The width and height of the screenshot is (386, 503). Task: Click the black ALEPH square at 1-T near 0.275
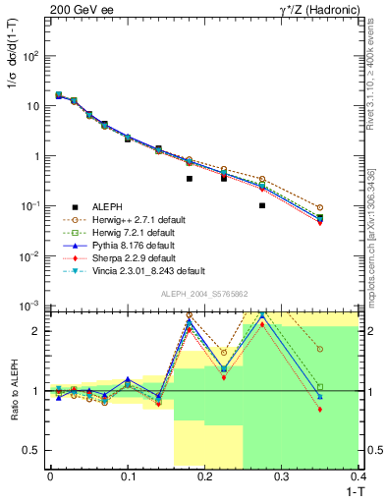click(262, 205)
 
